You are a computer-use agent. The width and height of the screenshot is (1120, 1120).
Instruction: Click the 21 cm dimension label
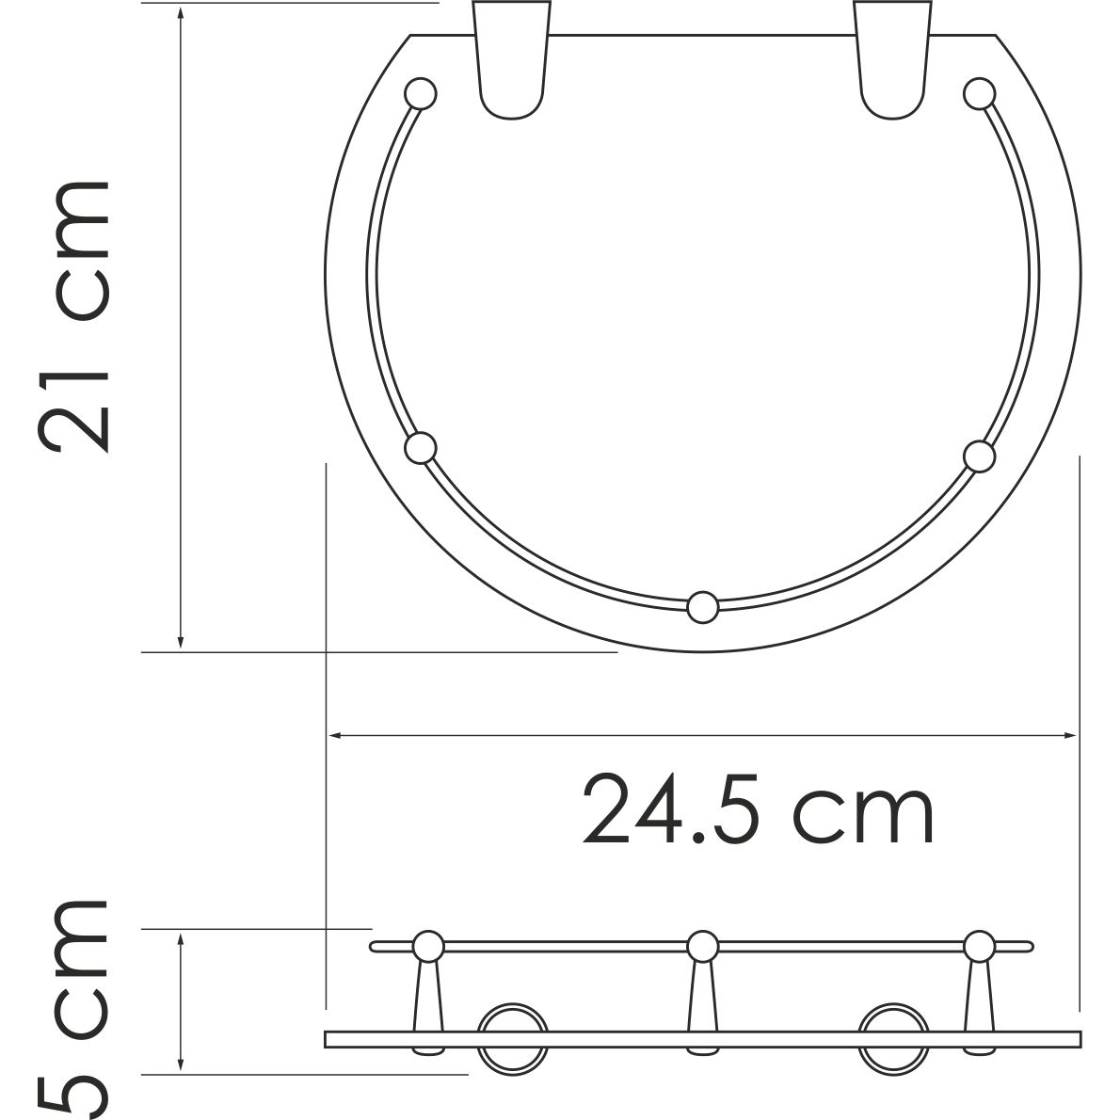[75, 315]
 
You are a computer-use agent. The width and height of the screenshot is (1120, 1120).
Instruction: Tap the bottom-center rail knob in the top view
[702, 607]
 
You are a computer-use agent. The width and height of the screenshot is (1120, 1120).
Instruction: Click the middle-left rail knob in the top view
[421, 447]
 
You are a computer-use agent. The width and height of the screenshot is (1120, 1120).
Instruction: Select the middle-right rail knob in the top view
[979, 456]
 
